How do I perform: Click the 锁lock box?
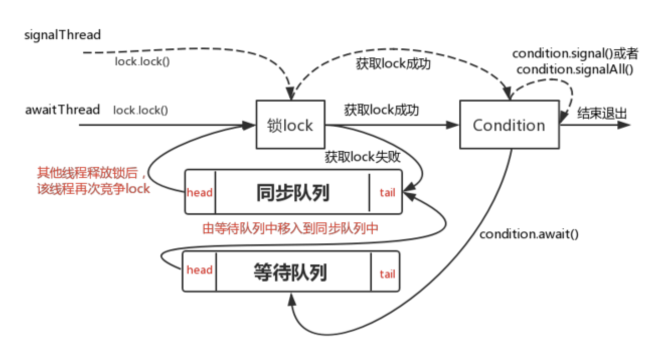point(290,124)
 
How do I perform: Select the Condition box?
point(509,125)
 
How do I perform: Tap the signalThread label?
point(63,35)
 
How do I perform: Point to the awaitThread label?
point(62,110)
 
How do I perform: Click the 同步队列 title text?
point(292,192)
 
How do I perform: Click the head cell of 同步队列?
point(200,192)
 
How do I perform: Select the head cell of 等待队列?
point(200,270)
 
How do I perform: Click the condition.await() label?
point(529,234)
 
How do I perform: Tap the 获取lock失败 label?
point(362,157)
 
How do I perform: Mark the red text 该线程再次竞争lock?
point(93,189)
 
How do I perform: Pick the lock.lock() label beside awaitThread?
point(140,110)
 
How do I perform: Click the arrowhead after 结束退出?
point(625,125)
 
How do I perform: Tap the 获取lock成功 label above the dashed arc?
point(393,64)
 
